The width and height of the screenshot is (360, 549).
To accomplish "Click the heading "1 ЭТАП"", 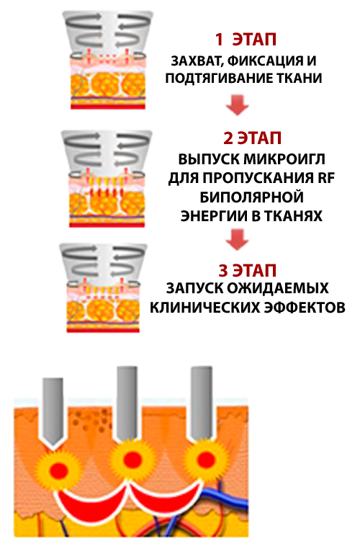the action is [x=246, y=40].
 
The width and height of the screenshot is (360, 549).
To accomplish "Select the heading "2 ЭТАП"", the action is [x=252, y=138].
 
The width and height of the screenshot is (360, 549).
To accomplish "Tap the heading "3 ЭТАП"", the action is [x=248, y=271].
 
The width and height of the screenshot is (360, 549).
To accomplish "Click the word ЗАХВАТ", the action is [x=197, y=62].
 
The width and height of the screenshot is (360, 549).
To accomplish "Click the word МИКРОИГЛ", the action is [x=284, y=159].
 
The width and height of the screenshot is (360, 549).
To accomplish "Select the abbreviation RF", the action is [x=326, y=178].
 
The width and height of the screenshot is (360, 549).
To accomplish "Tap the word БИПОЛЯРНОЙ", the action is [x=251, y=197].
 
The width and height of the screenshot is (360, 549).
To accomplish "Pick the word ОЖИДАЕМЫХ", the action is [x=278, y=288].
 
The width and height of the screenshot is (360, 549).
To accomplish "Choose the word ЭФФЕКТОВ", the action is [x=305, y=308].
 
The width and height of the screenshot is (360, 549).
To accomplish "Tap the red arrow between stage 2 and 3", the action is [x=237, y=240].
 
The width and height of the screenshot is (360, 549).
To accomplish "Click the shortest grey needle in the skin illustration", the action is [x=53, y=411].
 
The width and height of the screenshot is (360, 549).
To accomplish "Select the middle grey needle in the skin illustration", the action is [x=127, y=403].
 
